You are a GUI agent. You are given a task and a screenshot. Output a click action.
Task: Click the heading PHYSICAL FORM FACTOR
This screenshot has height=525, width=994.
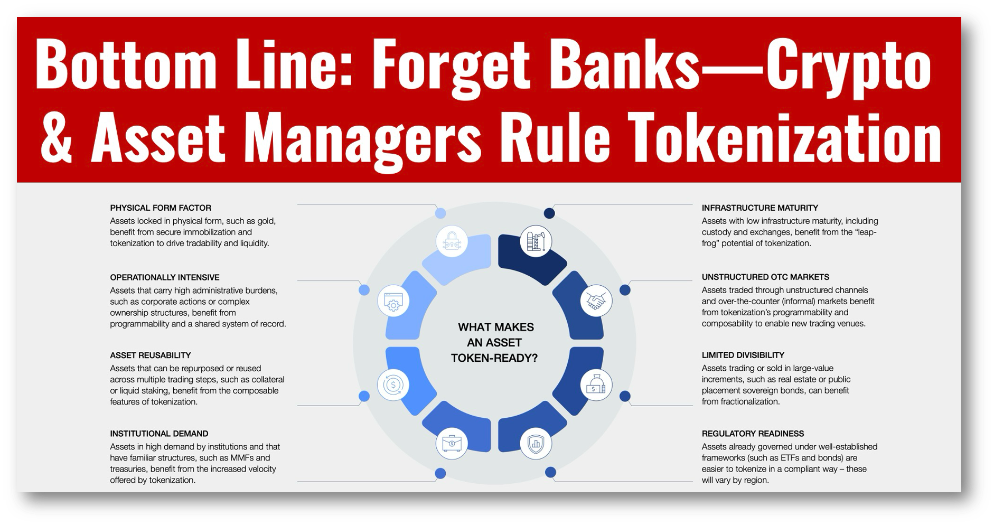click(161, 208)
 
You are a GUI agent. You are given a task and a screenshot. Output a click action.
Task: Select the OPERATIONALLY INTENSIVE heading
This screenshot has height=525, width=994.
click(165, 277)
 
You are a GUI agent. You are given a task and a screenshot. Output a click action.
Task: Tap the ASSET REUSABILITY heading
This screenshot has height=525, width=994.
click(151, 355)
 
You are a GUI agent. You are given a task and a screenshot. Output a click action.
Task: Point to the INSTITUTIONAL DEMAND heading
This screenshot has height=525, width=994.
click(159, 434)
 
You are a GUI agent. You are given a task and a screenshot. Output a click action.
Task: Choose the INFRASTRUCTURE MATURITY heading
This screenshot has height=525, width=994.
click(760, 208)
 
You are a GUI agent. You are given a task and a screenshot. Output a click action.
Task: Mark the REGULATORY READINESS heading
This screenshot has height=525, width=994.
click(753, 434)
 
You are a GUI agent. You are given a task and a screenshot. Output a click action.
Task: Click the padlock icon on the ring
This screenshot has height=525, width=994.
click(452, 241)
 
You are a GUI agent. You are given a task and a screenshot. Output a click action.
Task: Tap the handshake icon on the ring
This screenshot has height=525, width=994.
click(596, 301)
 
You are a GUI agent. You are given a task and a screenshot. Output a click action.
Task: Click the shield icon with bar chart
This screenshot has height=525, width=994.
click(536, 443)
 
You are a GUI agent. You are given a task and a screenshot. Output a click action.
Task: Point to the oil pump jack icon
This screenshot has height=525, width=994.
click(536, 241)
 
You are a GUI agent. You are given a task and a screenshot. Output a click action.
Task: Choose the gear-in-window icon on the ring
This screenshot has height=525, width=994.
click(393, 302)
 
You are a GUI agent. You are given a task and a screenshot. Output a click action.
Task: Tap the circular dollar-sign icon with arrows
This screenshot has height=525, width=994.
click(393, 385)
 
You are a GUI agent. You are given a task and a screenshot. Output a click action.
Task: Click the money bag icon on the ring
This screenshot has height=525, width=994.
click(596, 385)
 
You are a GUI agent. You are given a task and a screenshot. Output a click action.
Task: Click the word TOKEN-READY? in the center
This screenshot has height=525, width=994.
click(494, 358)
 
